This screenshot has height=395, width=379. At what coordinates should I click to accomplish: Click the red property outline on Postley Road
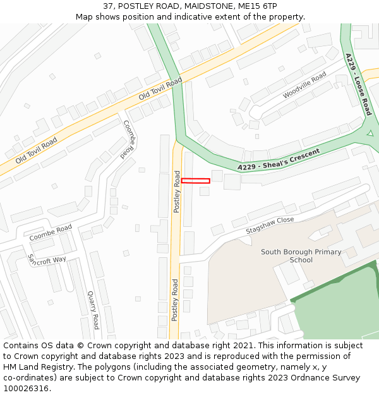coord(195,181)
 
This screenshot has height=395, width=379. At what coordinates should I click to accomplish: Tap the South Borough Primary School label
coord(301,256)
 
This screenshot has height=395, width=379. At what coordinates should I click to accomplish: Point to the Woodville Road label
coord(304,85)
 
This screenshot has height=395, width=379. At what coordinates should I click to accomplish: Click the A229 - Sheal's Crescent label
coord(279,160)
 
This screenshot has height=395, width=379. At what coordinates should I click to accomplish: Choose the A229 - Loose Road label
coord(359,84)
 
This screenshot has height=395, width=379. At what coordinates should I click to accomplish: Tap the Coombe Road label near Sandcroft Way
coord(51,232)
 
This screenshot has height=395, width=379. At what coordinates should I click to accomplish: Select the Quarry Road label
coord(93,310)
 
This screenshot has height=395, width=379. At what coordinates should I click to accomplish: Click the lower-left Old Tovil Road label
coord(36,150)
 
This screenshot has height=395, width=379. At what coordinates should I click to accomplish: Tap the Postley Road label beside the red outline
coord(177,191)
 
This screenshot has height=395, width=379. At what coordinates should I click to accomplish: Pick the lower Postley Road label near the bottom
coord(175,300)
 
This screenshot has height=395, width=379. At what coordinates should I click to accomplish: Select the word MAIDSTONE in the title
coord(210,6)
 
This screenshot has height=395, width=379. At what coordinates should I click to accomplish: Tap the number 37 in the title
coord(108,6)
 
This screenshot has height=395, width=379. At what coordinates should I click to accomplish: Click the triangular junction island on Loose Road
coord(370,133)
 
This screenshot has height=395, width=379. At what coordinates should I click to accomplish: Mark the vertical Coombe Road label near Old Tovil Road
coord(129,138)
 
